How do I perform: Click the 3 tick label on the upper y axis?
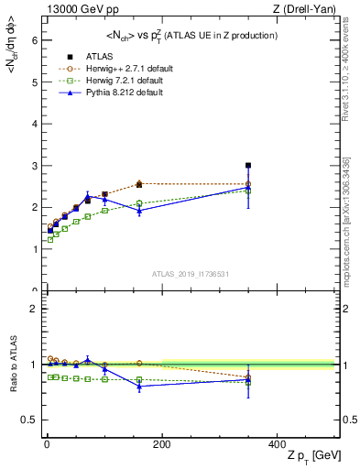pyautogui.click(x=34, y=166)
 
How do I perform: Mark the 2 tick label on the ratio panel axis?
pyautogui.click(x=34, y=309)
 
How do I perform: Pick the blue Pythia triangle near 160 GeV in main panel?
pyautogui.click(x=139, y=211)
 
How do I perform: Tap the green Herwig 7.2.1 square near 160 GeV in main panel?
pyautogui.click(x=139, y=203)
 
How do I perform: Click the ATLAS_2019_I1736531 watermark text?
pyautogui.click(x=191, y=274)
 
